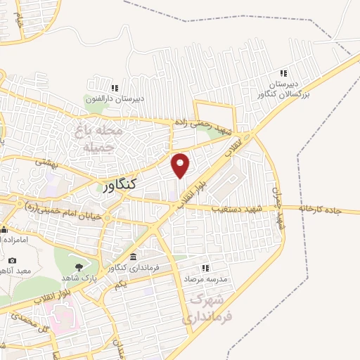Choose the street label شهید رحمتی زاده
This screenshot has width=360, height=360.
205,127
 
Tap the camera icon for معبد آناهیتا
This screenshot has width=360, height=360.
12,261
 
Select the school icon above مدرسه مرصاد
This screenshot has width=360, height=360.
206,268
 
